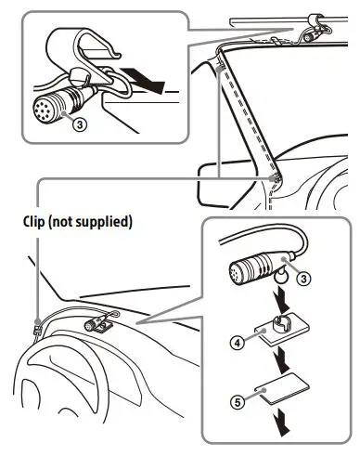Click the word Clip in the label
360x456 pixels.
(x=37, y=223)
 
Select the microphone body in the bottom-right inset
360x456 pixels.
(x=254, y=269)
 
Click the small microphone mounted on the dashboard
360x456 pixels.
(x=96, y=326)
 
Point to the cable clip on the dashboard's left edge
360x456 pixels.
(x=36, y=327)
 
